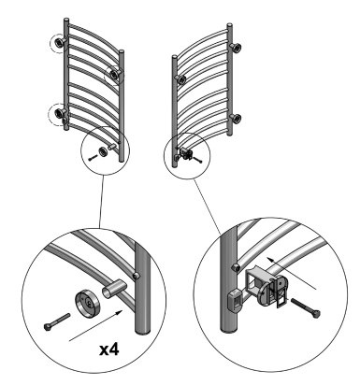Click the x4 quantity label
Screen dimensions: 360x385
coord(109,349)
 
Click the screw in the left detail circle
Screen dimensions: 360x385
coord(57,322)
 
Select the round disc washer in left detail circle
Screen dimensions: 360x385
coord(87,303)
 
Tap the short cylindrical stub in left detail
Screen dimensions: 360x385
coord(114,290)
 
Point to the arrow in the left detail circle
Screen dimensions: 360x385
coord(95,325)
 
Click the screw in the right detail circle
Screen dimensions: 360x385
coord(306,307)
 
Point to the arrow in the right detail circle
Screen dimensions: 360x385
coord(292,274)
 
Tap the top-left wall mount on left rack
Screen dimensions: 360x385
coord(59,42)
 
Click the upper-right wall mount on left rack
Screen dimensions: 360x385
coord(115,74)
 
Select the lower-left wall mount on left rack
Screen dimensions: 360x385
coord(59,113)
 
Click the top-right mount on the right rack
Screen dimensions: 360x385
coord(236,48)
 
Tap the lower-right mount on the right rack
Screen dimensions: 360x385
coord(236,119)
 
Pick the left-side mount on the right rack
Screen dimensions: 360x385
coord(180,79)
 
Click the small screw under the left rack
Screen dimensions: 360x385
coord(93,158)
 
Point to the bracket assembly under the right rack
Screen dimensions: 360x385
coord(186,154)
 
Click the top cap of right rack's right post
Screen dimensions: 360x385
coord(229,24)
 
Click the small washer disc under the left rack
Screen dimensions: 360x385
coord(103,152)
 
